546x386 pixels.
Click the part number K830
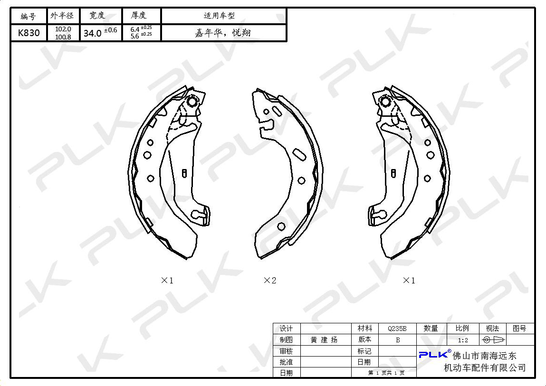(x=29, y=33)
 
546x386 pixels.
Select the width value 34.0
(x=92, y=33)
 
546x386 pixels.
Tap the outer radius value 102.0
(x=63, y=29)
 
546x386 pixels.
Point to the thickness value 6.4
(x=135, y=29)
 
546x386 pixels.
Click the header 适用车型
(x=220, y=16)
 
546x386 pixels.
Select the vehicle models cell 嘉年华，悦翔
(x=223, y=33)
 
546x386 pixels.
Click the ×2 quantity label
(x=270, y=280)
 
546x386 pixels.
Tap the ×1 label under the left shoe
(x=167, y=280)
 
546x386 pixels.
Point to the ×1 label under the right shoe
(x=409, y=280)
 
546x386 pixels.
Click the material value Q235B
(x=397, y=329)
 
